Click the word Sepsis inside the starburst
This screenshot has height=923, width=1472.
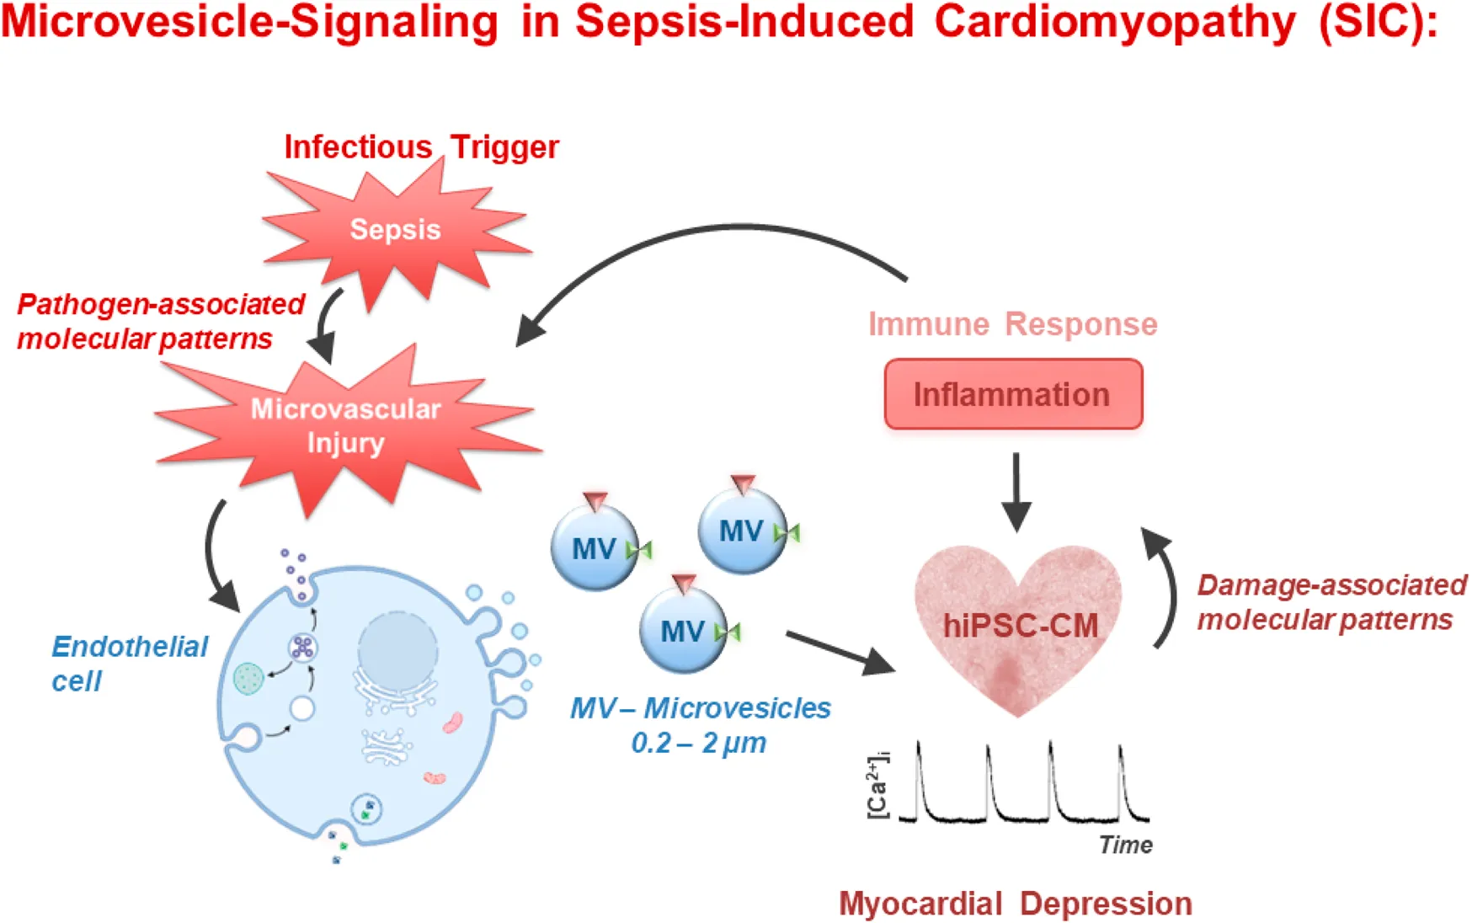click(395, 229)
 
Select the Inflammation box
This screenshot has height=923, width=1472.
click(1013, 394)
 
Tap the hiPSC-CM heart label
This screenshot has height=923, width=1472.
click(1020, 626)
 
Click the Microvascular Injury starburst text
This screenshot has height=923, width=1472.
click(345, 425)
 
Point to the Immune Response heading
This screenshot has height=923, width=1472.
click(1012, 324)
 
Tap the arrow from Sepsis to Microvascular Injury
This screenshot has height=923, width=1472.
click(328, 324)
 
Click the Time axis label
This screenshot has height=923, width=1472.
click(1125, 845)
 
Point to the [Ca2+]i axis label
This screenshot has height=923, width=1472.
click(877, 785)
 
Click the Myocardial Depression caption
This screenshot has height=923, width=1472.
click(1015, 904)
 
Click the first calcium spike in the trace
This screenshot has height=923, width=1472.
click(919, 758)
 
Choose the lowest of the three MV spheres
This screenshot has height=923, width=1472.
click(683, 630)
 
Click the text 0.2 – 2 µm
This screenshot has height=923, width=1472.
click(699, 743)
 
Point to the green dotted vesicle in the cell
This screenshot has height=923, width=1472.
click(248, 678)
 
